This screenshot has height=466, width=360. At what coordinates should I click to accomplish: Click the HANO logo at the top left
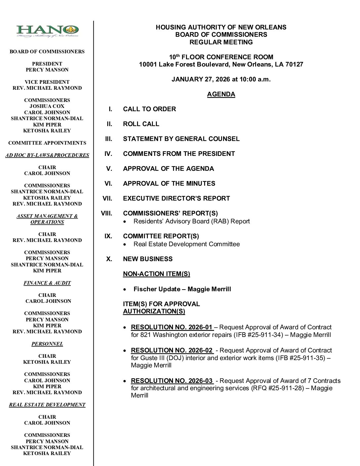click(x=48, y=31)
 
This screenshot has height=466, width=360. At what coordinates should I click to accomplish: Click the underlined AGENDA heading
click(x=221, y=94)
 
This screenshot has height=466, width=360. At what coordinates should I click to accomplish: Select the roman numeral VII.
click(x=107, y=199)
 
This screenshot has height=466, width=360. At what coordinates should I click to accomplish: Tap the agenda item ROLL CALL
click(x=141, y=124)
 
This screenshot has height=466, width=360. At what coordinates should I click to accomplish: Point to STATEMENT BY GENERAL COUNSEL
click(x=181, y=139)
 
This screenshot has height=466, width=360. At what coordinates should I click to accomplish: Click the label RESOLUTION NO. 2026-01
click(x=172, y=327)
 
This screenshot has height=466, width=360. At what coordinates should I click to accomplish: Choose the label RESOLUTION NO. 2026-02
click(x=172, y=350)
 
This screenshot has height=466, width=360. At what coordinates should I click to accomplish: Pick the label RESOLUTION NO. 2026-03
click(x=172, y=381)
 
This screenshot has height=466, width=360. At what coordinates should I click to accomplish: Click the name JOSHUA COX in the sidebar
click(x=47, y=106)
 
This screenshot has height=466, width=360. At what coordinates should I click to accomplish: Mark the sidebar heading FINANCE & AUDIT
click(x=47, y=283)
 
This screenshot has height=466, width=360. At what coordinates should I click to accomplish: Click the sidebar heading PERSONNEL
click(x=47, y=344)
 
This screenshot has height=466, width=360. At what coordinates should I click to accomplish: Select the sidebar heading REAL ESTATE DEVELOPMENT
click(x=47, y=405)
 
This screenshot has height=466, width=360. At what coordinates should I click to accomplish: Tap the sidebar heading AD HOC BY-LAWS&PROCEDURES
click(x=47, y=155)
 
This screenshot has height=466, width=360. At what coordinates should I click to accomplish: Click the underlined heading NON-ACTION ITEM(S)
click(x=157, y=274)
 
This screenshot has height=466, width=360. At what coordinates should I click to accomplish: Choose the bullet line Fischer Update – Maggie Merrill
click(x=182, y=289)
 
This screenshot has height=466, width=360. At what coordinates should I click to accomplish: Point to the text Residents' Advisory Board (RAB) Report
click(x=192, y=221)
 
